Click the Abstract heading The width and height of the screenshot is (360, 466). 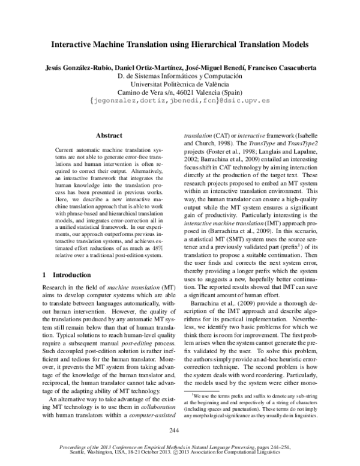coord(109,136)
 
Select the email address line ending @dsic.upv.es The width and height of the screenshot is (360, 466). coord(180,101)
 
